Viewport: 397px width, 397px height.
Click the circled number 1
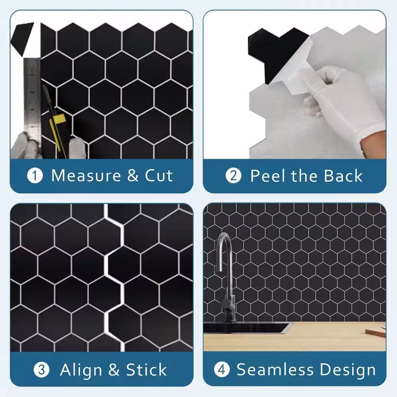[x=35, y=176]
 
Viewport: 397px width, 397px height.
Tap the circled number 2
[x=233, y=176]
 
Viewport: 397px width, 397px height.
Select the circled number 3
[x=41, y=370]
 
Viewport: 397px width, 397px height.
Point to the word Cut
[x=159, y=175]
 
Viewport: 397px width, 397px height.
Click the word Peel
[x=268, y=175]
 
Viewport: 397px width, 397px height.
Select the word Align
[x=81, y=370]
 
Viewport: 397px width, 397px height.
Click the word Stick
[x=146, y=370]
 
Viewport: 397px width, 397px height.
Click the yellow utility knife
[x=56, y=121]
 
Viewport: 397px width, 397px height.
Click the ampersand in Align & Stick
[x=114, y=370]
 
